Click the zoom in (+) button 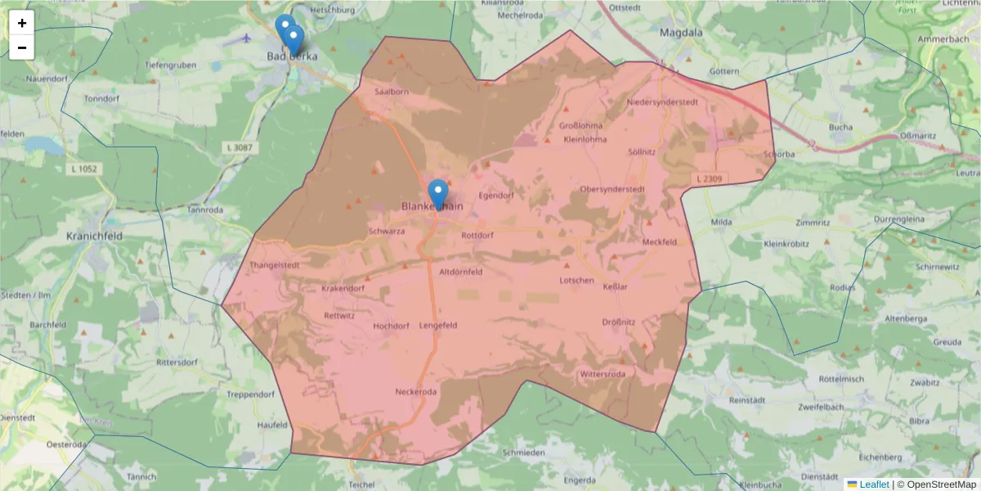pyautogui.click(x=22, y=23)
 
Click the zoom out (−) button pyautogui.click(x=22, y=47)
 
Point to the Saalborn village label pyautogui.click(x=391, y=92)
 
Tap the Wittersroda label pyautogui.click(x=602, y=374)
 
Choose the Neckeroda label pyautogui.click(x=416, y=392)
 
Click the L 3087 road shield pyautogui.click(x=238, y=146)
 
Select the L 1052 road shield pyautogui.click(x=83, y=169)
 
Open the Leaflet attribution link pyautogui.click(x=873, y=484)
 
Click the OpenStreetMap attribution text pyautogui.click(x=941, y=484)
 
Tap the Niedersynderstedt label pyautogui.click(x=662, y=102)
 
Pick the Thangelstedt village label pyautogui.click(x=275, y=265)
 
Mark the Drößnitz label pyautogui.click(x=619, y=322)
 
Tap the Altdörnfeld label pyautogui.click(x=461, y=272)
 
